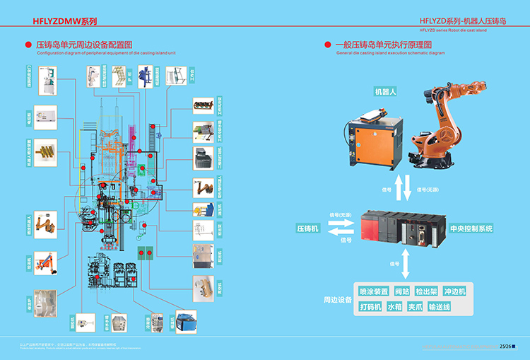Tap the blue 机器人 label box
[x=386, y=92]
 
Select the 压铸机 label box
[x=307, y=228]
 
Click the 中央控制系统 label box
[x=471, y=228]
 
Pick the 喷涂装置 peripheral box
[x=374, y=291]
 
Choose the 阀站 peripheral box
[x=402, y=291]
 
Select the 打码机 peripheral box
[x=370, y=307]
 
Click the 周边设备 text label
[x=338, y=300]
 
